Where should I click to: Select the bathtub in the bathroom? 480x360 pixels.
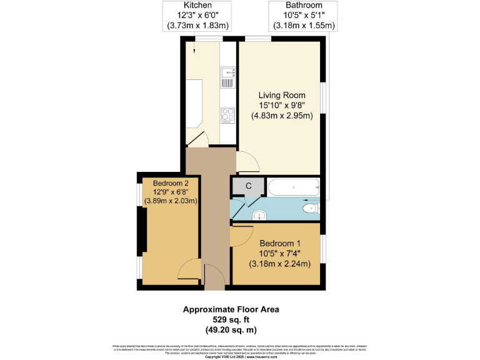[294, 186]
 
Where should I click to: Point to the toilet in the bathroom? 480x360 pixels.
[311, 208]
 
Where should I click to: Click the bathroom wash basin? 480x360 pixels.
[260, 216]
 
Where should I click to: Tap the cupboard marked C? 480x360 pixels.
[248, 186]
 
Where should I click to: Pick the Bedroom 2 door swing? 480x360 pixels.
[187, 272]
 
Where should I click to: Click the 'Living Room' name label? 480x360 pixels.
[282, 95]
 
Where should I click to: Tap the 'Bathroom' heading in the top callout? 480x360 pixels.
[304, 5]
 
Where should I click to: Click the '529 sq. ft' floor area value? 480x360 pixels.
[231, 319]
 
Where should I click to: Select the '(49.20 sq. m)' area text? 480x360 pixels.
[231, 329]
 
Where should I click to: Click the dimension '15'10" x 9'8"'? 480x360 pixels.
[282, 106]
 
